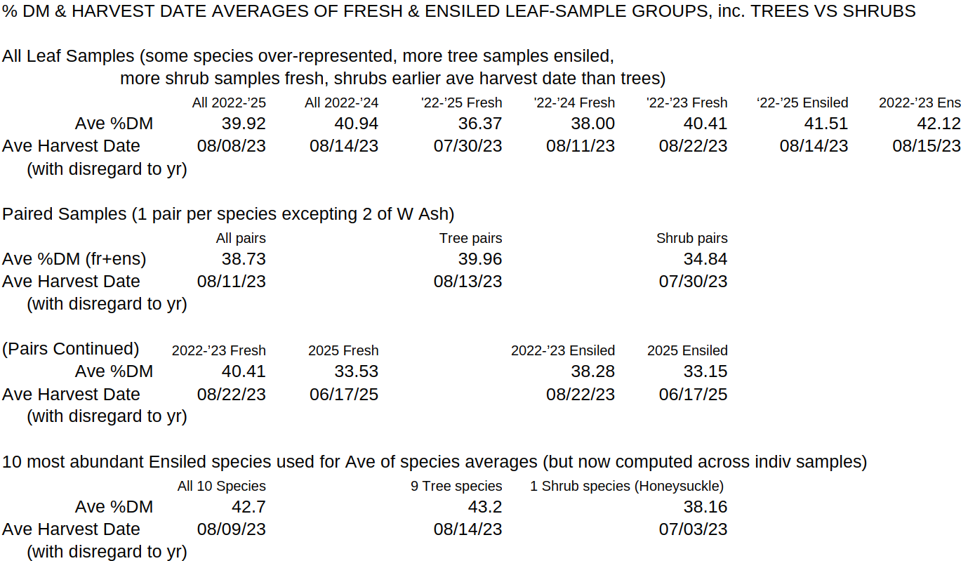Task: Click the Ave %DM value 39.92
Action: tap(244, 124)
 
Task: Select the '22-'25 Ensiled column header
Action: tap(802, 103)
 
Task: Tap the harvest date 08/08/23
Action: tap(232, 146)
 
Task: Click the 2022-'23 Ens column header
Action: tap(920, 103)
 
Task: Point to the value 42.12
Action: tap(939, 124)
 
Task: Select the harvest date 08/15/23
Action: tap(927, 146)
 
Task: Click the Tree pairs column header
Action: tap(470, 238)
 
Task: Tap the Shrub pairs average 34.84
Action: tap(705, 259)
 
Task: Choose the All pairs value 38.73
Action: tap(244, 259)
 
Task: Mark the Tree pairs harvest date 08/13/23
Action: tap(468, 282)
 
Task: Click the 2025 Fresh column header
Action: tap(343, 350)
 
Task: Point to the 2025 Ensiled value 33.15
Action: tap(705, 371)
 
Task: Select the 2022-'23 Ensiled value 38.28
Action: tap(592, 371)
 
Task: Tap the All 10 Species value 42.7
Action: tap(248, 507)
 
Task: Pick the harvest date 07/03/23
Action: tap(693, 529)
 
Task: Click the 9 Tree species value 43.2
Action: tap(485, 507)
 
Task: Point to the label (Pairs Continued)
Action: tap(71, 349)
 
